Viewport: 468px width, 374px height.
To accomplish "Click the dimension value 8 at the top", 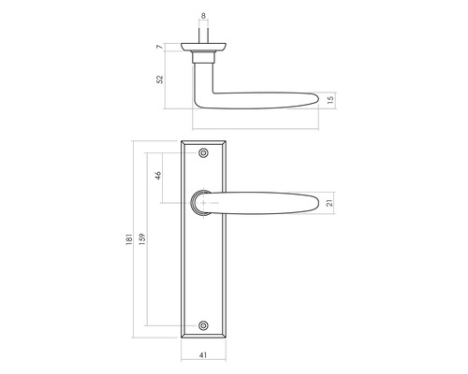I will pos(203,16).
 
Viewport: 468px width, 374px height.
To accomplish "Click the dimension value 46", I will pos(159,175).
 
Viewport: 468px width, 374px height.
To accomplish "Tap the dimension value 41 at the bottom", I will pos(203,355).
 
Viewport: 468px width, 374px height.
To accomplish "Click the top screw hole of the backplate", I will pos(203,154).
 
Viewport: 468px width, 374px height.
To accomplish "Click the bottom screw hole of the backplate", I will pos(203,325).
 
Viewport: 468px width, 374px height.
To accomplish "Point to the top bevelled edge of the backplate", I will pos(203,144).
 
